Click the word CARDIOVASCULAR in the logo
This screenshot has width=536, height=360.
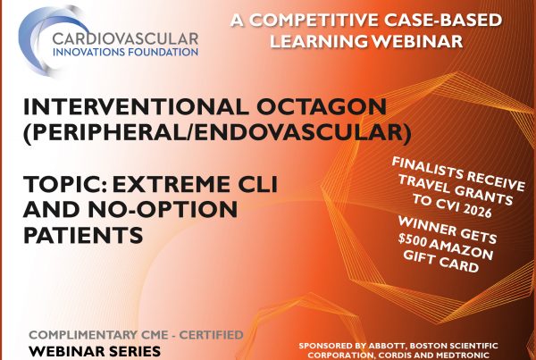[125, 38]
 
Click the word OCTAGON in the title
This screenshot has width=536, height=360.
[322, 106]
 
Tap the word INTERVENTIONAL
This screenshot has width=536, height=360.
[136, 106]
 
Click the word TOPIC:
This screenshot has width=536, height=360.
[65, 184]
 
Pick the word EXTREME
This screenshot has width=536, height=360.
[171, 184]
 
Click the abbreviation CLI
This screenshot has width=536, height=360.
[257, 184]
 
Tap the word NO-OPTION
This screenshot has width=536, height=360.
[163, 209]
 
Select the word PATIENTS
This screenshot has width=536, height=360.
[83, 235]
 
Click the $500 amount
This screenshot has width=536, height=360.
[412, 240]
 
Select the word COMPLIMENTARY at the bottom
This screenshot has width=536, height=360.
[98, 335]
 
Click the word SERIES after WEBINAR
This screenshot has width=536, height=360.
[137, 351]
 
